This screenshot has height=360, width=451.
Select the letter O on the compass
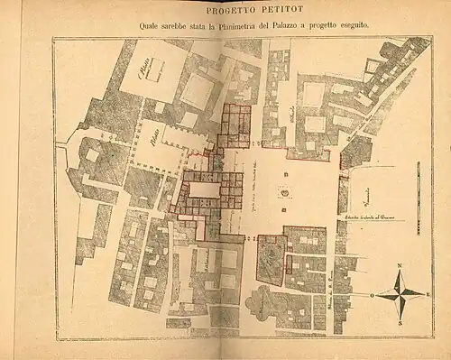coord(372,295)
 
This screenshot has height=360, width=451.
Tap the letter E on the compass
coord(428,295)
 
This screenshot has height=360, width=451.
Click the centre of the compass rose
coord(400,294)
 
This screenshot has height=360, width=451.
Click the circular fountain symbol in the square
coord(286,192)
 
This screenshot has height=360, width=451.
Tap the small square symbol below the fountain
coord(286,210)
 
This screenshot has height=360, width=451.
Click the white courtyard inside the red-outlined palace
coord(202,192)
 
